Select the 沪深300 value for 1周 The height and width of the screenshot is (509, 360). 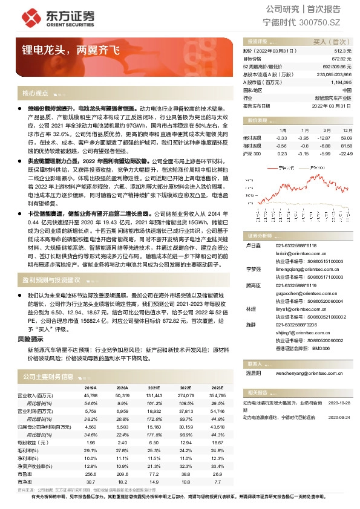coord(282,154)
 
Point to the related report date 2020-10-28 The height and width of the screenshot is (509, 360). coord(339,402)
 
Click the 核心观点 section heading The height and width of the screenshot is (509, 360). coord(35,94)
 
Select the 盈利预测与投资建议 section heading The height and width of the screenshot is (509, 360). coord(51,280)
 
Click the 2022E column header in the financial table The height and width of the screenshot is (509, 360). coord(186,389)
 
